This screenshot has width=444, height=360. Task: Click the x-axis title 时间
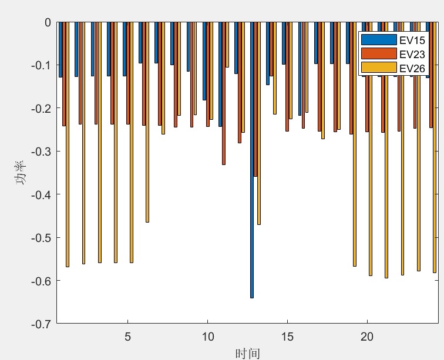[247, 352]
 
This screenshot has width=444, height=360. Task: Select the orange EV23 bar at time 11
[224, 94]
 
